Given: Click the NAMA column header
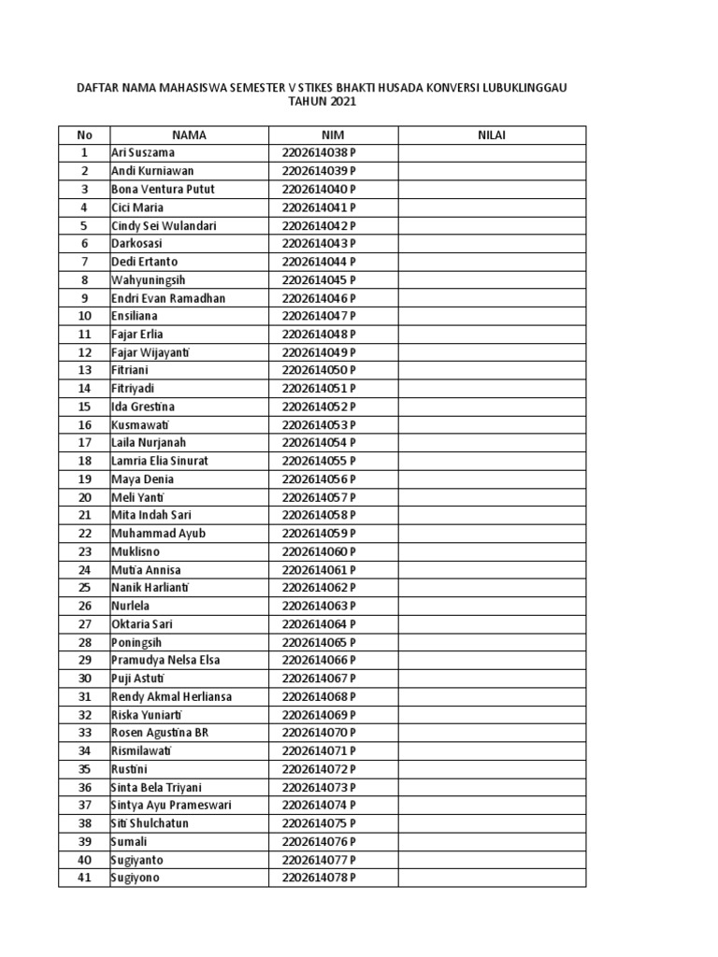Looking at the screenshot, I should [x=189, y=135].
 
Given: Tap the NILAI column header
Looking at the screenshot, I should [x=492, y=135].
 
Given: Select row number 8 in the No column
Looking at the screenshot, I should [x=84, y=279].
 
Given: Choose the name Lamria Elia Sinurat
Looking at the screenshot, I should [x=160, y=461].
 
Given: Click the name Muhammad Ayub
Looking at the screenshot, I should [x=158, y=534].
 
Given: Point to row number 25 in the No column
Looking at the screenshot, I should [x=84, y=588].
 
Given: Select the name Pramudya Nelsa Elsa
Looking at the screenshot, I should [x=165, y=661].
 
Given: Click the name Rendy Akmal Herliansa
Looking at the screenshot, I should [x=171, y=696].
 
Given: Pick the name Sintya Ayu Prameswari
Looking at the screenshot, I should [x=171, y=806].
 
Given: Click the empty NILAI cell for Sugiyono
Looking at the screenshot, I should [x=492, y=878].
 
